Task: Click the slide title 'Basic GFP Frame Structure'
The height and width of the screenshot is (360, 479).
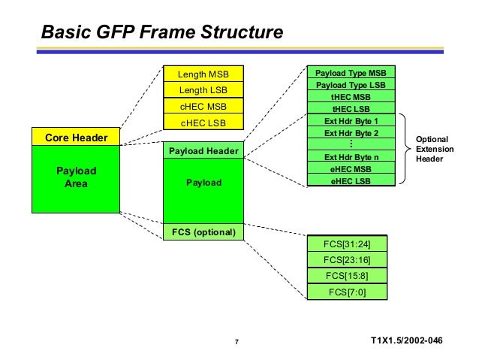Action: (x=161, y=33)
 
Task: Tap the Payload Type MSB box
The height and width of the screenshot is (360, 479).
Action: (x=351, y=73)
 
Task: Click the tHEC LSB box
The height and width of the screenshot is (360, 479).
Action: (x=351, y=108)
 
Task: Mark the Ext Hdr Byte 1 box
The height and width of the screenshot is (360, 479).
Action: (x=351, y=121)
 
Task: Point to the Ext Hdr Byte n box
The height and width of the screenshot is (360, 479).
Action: (x=351, y=157)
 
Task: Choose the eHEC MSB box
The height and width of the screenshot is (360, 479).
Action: (x=351, y=169)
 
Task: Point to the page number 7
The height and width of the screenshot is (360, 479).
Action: (x=236, y=343)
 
